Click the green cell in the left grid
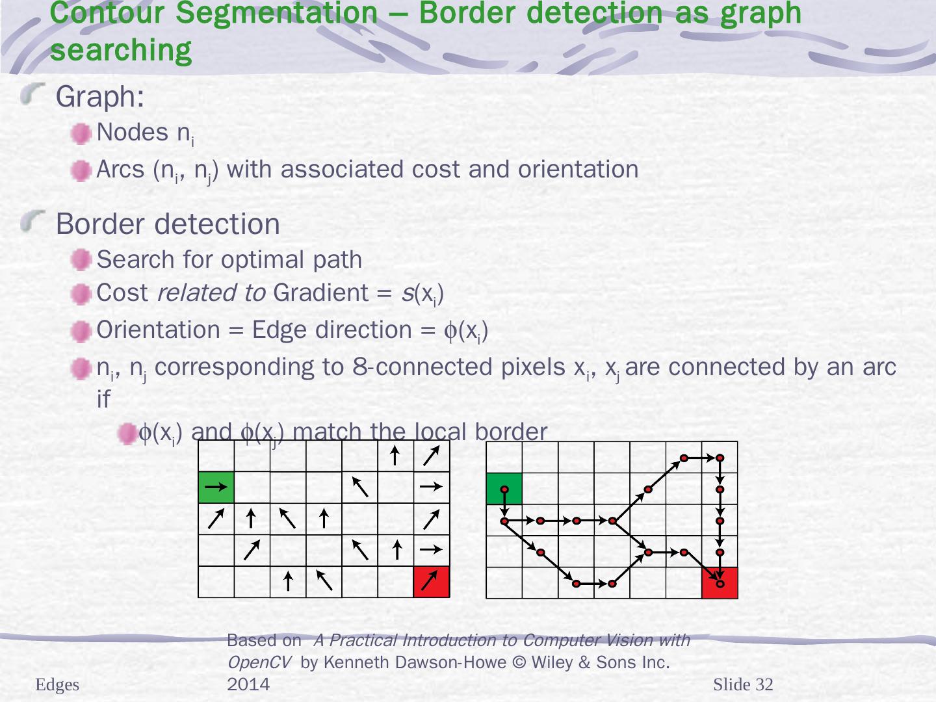[216, 487]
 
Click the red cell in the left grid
[431, 581]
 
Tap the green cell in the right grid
[504, 488]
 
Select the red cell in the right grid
[720, 582]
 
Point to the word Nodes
[133, 133]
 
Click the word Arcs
[120, 170]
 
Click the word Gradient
[321, 293]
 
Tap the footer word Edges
[57, 684]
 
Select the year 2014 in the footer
[248, 684]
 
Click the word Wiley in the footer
[550, 662]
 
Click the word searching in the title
[121, 50]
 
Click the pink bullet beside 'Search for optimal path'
[81, 261]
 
